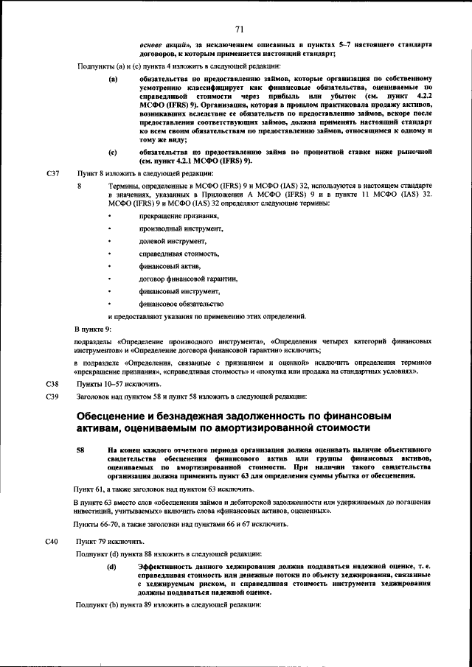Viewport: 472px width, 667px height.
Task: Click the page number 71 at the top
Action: pos(239,29)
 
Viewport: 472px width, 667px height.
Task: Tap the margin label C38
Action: pos(52,384)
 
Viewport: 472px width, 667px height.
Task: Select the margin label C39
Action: pos(52,397)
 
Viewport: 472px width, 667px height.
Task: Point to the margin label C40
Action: pos(52,541)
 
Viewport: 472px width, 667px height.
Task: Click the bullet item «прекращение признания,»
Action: pos(179,215)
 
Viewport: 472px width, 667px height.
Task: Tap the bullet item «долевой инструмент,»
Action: pos(173,241)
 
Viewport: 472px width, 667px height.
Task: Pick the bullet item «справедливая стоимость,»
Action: pos(179,254)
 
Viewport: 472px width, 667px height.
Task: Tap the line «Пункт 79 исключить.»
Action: pos(109,541)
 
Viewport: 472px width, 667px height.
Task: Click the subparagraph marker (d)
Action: pos(112,565)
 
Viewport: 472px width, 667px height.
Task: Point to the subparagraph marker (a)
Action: pos(112,78)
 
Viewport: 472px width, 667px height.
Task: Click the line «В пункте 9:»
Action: pos(93,329)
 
